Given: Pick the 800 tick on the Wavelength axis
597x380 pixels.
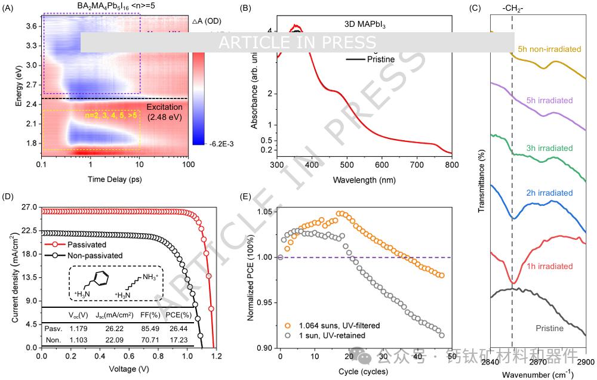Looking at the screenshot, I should [x=452, y=165].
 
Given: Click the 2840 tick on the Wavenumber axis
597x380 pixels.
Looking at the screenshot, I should [x=490, y=363].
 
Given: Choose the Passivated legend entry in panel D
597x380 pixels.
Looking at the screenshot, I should [x=84, y=245].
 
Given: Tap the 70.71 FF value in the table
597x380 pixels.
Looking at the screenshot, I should [x=151, y=339].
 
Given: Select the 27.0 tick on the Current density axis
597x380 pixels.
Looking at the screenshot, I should [x=28, y=207].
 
